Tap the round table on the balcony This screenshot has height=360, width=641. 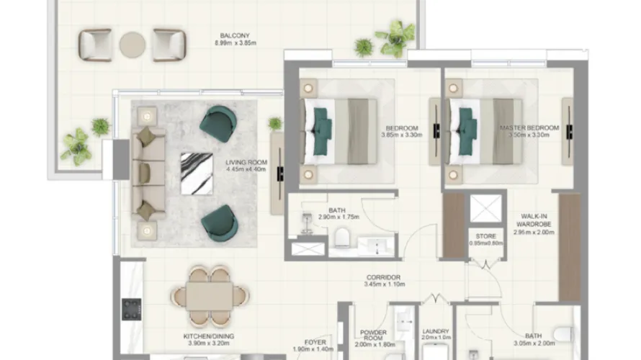(x=133, y=45)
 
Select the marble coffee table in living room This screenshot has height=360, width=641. (x=196, y=173)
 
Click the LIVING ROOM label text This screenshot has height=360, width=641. (x=246, y=163)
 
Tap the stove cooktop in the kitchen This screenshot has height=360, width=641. (x=131, y=310)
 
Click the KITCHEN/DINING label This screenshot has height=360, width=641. (x=208, y=336)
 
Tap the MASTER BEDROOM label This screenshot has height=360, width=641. (x=529, y=128)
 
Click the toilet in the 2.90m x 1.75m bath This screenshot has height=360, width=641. (x=343, y=238)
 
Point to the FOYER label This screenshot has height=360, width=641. (x=315, y=343)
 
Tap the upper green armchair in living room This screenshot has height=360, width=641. (x=218, y=123)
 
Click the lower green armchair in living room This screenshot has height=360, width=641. (x=219, y=222)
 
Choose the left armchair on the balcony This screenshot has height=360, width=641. (x=95, y=45)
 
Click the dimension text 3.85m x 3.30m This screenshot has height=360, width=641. (x=402, y=137)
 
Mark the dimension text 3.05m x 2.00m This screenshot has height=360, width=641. (x=534, y=344)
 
